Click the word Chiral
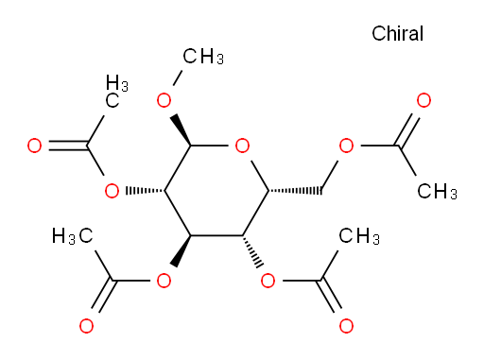click(397, 33)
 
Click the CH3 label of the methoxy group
click(203, 57)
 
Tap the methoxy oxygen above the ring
click(164, 100)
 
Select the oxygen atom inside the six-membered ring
click(242, 146)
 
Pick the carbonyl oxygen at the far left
click(34, 146)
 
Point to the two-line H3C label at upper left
click(116, 92)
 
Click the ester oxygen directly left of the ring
click(112, 191)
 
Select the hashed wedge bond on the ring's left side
click(145, 191)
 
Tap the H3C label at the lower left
click(73, 236)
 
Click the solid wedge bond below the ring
click(181, 251)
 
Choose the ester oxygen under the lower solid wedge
click(164, 281)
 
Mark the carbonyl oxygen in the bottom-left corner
click(86, 326)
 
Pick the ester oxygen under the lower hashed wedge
click(268, 281)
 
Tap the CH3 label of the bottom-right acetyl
click(359, 236)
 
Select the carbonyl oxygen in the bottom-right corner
click(346, 326)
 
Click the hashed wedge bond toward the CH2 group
click(295, 191)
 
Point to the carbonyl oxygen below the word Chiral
click(423, 100)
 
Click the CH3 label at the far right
click(437, 191)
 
